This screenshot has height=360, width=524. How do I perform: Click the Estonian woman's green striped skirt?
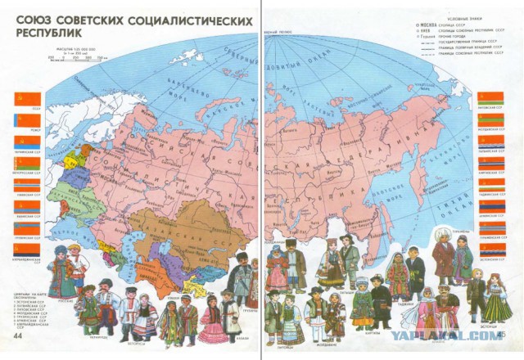click(496, 309)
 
